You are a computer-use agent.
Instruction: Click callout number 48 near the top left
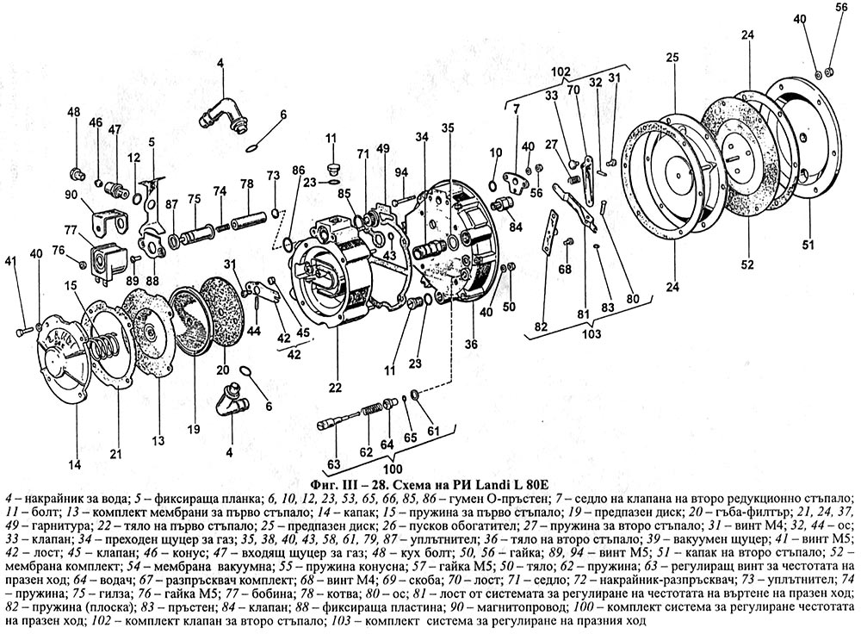[x=73, y=112]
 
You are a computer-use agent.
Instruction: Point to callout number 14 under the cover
[x=76, y=464]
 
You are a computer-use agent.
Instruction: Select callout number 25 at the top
[x=672, y=57]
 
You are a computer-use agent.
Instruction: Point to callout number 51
[x=808, y=246]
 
